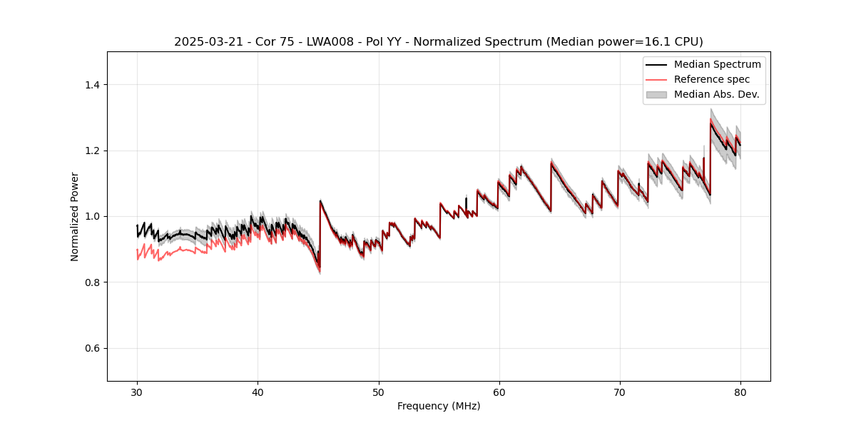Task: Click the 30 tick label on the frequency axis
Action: [x=137, y=392]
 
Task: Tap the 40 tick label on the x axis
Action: [x=258, y=392]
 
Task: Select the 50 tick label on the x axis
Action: [x=378, y=392]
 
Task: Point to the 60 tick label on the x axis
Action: [x=499, y=392]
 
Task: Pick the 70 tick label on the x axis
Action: [x=620, y=392]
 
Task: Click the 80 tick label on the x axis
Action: [x=740, y=392]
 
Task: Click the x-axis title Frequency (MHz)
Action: [x=439, y=407]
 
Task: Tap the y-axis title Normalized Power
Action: [x=75, y=216]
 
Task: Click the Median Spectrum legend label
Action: [x=717, y=65]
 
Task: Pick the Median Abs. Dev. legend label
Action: [x=717, y=94]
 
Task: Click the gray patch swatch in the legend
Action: [x=656, y=94]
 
